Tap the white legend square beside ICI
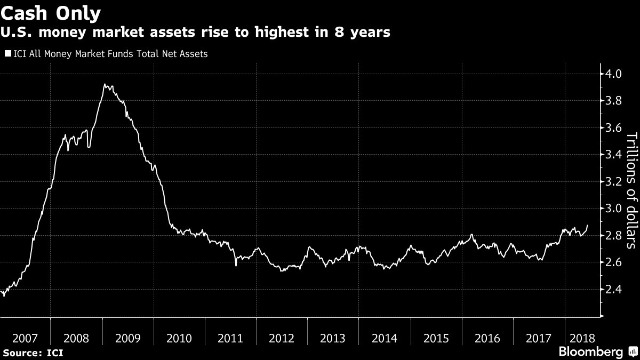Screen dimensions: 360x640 7,53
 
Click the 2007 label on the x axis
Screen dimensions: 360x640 25,338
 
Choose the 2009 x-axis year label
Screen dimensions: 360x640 127,338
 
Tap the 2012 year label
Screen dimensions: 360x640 282,338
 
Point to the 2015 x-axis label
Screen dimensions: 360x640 436,338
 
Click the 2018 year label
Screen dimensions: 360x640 579,338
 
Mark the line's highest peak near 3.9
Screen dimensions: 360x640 104,84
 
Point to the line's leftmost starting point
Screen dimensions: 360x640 2,293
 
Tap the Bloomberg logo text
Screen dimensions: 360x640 590,352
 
